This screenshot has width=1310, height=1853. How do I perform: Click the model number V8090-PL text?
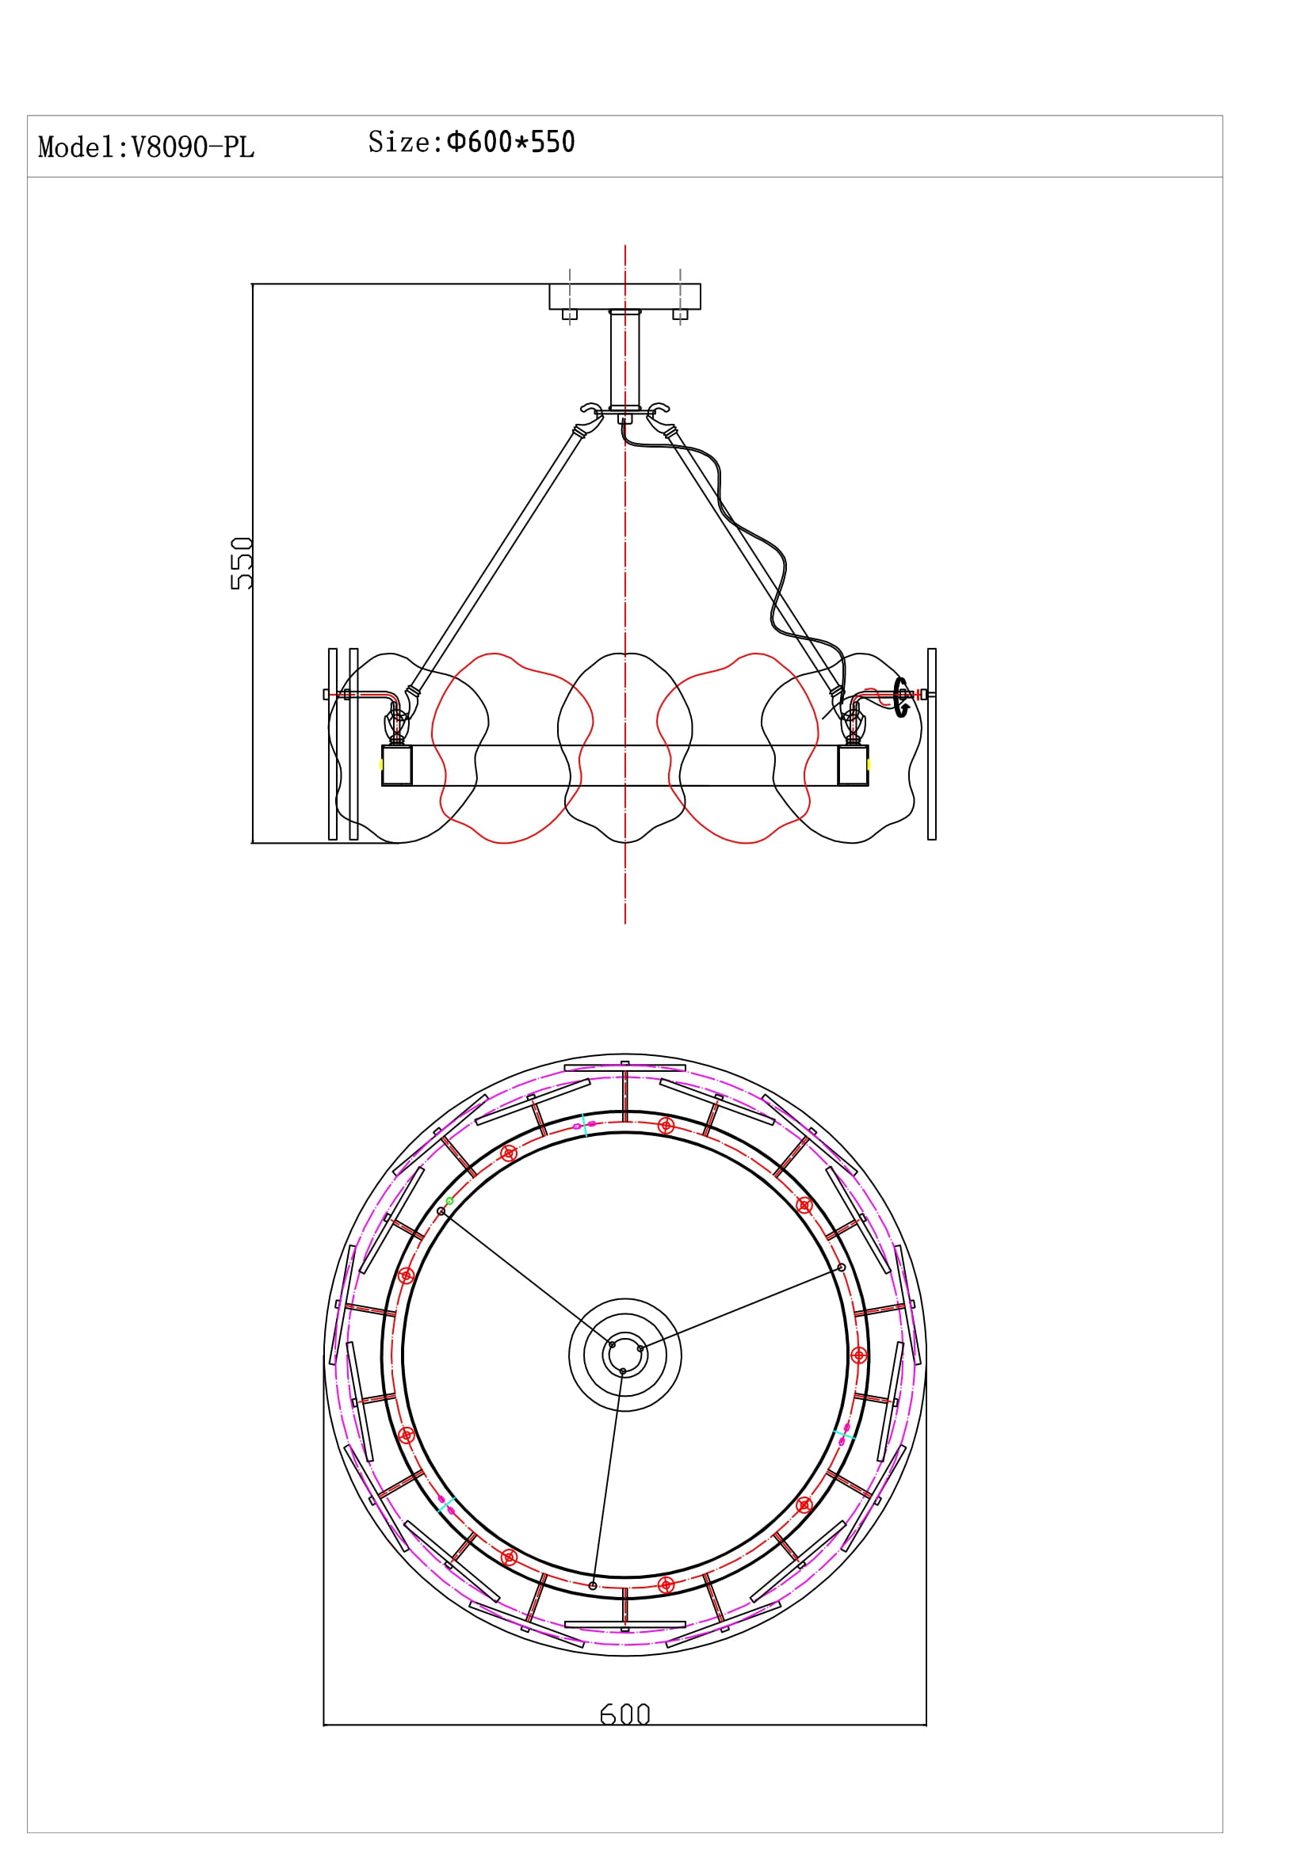tap(146, 147)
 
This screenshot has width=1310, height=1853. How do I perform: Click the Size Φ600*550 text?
tap(472, 143)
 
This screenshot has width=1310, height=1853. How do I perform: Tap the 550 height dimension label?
tap(242, 563)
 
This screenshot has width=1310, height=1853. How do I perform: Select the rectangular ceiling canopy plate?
tap(624, 296)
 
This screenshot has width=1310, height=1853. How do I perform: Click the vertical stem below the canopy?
tap(624, 359)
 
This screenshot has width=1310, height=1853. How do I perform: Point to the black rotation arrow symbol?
tap(902, 697)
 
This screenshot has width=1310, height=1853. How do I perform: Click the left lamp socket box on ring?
tap(396, 765)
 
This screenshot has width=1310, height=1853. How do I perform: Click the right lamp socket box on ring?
tap(853, 765)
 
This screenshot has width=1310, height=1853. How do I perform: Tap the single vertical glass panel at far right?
tap(931, 744)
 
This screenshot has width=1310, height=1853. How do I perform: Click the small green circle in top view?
tap(449, 1202)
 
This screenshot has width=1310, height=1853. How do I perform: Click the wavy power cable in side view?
tap(750, 532)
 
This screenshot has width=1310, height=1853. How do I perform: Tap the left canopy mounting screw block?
tap(570, 315)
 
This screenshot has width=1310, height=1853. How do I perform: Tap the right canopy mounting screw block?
tap(681, 315)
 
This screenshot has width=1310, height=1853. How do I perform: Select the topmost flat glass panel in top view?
tap(624, 1068)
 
